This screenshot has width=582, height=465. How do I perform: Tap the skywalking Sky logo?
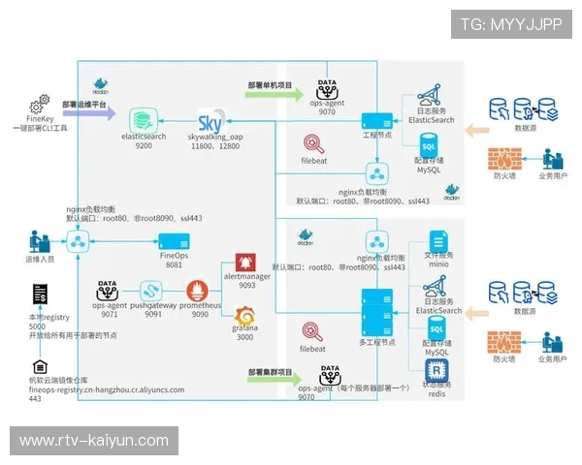[210, 123]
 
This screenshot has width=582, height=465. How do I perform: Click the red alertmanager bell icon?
[246, 262]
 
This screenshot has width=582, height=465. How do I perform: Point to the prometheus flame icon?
[200, 290]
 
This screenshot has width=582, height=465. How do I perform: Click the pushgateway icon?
[151, 290]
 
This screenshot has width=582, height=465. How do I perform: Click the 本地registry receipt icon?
[39, 294]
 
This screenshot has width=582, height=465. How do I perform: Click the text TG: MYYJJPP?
[511, 23]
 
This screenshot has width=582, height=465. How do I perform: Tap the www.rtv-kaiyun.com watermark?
[94, 440]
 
